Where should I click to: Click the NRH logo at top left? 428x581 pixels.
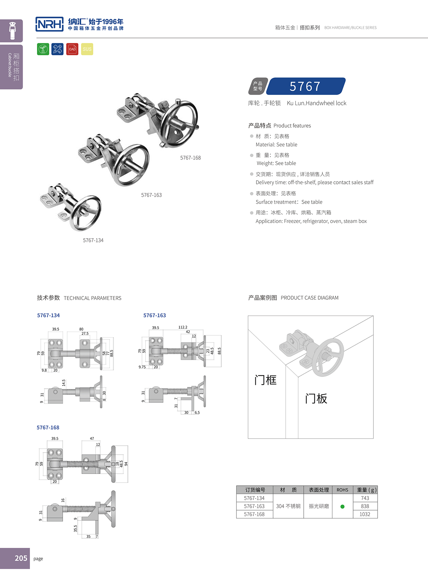point(49,24)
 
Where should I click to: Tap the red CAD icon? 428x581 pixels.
point(72,49)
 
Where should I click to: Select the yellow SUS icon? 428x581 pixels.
point(87,49)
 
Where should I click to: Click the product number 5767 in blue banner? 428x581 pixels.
point(305,86)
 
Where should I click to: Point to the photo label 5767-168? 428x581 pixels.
point(190,158)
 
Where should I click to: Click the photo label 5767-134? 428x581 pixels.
point(93,240)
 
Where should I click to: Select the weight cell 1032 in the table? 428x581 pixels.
point(365,514)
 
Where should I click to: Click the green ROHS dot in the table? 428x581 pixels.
point(342,506)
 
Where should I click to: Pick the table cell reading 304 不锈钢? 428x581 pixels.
point(288,506)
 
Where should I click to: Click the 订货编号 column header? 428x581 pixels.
point(255,490)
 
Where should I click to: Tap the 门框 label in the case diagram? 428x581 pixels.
point(265,380)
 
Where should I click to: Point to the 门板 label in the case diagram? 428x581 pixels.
point(316,399)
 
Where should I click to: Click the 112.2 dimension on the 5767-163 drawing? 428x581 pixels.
point(183,327)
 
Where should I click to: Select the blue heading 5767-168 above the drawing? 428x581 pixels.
point(48,427)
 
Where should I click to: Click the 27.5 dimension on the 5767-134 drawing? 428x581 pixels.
point(85,333)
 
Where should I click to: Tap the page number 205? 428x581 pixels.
point(21,558)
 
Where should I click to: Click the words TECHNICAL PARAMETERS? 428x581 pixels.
point(93,298)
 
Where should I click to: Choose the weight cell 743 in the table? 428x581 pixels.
point(365,498)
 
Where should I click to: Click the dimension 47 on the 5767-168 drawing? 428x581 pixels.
point(92,438)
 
